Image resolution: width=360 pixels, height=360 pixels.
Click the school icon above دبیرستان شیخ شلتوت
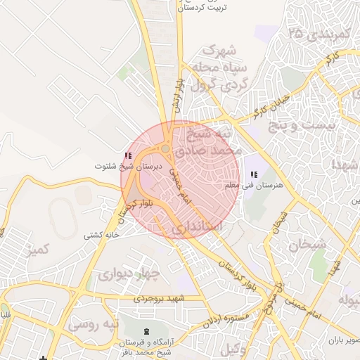(127, 156)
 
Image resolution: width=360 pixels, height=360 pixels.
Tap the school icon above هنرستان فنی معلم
(254, 174)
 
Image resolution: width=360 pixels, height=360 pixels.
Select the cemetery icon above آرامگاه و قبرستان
(146, 331)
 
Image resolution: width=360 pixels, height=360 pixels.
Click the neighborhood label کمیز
(37, 250)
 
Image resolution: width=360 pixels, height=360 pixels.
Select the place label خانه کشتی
(99, 235)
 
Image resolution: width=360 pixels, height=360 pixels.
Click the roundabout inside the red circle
(165, 149)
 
